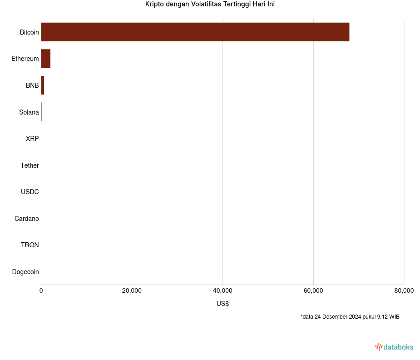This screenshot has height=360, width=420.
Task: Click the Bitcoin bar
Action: point(195,32)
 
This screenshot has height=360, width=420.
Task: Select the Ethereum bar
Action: point(46,59)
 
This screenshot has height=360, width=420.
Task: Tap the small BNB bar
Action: point(43,85)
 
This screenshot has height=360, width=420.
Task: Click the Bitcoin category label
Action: point(29,32)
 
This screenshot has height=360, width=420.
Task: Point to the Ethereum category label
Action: point(25,59)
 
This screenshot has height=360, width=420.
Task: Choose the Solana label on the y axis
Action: point(29,112)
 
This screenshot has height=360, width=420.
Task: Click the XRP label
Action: point(32,139)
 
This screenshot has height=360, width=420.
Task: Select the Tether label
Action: point(30,165)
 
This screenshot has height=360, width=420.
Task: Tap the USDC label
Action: point(30,192)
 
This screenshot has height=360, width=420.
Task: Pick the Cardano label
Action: point(26,219)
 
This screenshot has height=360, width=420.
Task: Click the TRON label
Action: point(30,245)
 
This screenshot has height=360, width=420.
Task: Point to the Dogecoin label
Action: point(25,272)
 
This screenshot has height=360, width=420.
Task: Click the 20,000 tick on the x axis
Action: point(132,291)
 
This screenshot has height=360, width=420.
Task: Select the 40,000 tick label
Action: point(222,291)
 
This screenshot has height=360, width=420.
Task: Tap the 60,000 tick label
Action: point(313,291)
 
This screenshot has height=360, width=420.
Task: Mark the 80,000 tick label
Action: point(404,291)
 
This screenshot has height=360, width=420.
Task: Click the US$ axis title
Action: point(222,304)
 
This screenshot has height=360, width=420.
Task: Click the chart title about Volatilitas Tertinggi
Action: point(210,5)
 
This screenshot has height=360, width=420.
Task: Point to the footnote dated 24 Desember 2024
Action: point(350,317)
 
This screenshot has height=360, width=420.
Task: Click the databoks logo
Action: point(394,347)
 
